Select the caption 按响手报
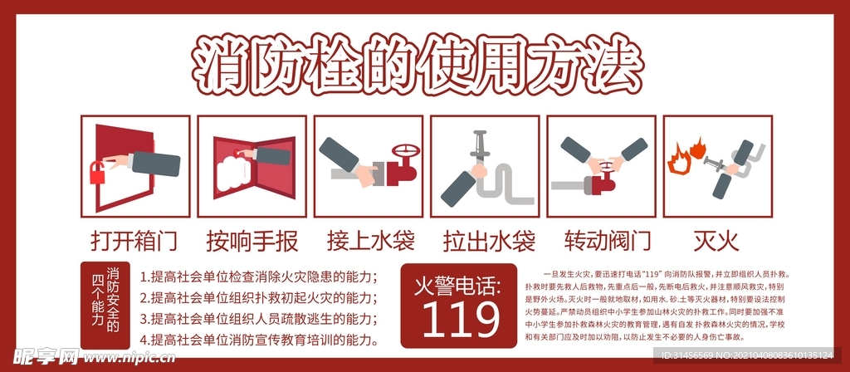pos(252,241)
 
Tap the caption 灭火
pos(716,241)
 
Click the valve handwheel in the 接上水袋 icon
pos(406,151)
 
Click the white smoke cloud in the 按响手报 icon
pos(230,171)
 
